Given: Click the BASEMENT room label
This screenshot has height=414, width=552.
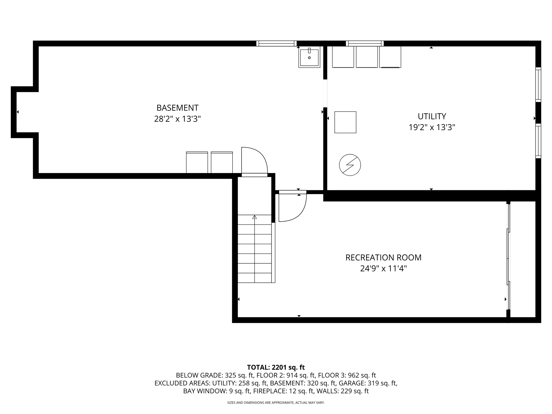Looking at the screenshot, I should [x=177, y=108].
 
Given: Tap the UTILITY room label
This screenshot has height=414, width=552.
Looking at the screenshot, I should [x=432, y=116].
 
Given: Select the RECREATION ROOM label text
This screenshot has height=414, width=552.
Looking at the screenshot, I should [x=383, y=258].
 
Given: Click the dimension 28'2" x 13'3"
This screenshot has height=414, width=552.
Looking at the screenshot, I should [x=177, y=119].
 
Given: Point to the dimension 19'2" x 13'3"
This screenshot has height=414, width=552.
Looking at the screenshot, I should [x=432, y=127].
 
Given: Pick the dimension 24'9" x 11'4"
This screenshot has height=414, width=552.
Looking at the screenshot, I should [x=383, y=269].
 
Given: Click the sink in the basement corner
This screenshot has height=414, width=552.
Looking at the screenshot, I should [x=309, y=57].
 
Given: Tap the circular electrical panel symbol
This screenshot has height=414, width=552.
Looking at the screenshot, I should [x=350, y=165].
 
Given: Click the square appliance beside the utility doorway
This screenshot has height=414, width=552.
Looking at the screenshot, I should [x=345, y=122].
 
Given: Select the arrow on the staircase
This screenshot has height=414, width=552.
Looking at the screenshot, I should [x=254, y=217].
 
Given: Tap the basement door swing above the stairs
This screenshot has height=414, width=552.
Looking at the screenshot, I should [x=254, y=161].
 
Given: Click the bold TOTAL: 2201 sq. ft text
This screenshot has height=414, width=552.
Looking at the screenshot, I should [x=276, y=367].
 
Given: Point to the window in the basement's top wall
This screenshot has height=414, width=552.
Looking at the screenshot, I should [x=276, y=43].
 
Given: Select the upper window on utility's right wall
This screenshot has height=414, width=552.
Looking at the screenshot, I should [x=538, y=85].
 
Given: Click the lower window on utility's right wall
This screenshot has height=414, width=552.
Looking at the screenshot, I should [x=538, y=141].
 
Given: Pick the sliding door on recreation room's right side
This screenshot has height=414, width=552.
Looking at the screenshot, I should [x=509, y=256].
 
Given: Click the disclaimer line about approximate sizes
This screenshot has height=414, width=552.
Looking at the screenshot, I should [x=276, y=403].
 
